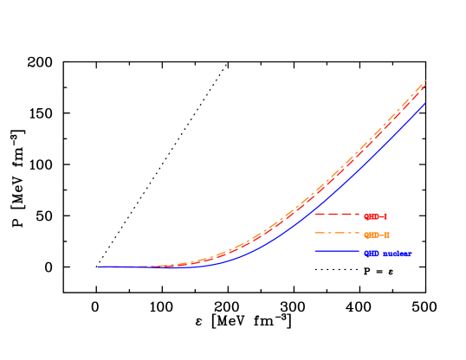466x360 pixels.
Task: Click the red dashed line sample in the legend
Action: point(336,215)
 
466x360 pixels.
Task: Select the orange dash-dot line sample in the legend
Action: point(336,234)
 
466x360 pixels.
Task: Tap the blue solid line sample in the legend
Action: point(336,252)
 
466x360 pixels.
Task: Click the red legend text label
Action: point(375,216)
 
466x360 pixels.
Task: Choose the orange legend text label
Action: point(377,235)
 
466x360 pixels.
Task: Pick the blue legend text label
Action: point(386,254)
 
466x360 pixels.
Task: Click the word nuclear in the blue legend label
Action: point(397,254)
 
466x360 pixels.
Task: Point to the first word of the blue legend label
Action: point(372,254)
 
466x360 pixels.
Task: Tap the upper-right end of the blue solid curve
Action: point(426,102)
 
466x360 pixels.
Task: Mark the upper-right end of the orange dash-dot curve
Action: point(426,80)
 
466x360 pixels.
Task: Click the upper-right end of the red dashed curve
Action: point(426,85)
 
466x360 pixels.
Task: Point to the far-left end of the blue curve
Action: point(98,267)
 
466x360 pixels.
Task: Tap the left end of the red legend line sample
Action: point(314,215)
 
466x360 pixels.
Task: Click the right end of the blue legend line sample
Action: point(359,252)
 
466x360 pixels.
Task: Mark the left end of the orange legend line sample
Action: point(314,234)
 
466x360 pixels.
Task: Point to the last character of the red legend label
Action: point(385,216)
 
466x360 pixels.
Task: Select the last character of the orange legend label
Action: point(387,235)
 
